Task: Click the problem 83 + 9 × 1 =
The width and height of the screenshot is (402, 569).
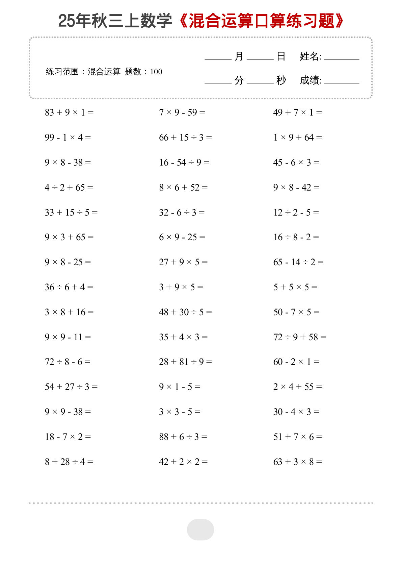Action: (69, 112)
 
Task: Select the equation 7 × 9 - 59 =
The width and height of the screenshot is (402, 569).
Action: (182, 112)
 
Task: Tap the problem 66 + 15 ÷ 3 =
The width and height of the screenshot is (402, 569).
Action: (185, 137)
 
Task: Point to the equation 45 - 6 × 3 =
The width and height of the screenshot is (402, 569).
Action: (296, 162)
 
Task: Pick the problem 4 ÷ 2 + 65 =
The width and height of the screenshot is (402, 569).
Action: (69, 187)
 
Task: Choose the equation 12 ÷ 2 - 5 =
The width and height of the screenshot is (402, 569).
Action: (296, 212)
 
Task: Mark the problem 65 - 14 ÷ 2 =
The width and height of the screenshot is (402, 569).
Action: (298, 262)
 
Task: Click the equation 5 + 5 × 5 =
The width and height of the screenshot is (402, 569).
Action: (295, 287)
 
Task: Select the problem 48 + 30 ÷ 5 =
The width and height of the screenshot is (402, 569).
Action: (185, 312)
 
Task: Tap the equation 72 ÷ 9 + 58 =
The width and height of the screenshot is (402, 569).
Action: (299, 337)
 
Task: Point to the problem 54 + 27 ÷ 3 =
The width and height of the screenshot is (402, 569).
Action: (71, 387)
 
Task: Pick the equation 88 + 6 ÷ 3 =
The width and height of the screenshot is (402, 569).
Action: (183, 437)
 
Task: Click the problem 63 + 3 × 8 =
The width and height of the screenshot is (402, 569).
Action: (297, 462)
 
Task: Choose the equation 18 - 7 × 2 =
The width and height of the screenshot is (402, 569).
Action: (68, 437)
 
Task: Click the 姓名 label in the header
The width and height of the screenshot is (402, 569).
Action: (310, 56)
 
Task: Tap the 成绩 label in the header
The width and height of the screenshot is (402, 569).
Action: (310, 80)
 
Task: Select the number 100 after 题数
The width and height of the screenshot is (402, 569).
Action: (156, 72)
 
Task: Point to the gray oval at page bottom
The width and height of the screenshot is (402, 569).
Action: (200, 529)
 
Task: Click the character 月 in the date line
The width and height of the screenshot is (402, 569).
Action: (239, 56)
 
